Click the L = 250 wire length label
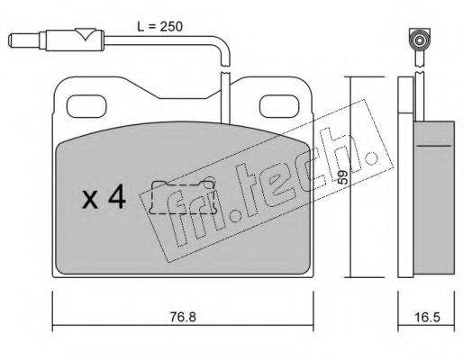[159, 27]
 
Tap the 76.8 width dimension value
[183, 317]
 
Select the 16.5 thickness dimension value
[427, 317]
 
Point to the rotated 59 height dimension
[342, 177]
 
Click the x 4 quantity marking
[104, 197]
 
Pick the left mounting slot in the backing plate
[86, 106]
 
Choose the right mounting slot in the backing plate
[280, 106]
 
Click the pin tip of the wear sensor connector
[13, 40]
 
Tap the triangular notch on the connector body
[86, 34]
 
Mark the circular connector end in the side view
[419, 40]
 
